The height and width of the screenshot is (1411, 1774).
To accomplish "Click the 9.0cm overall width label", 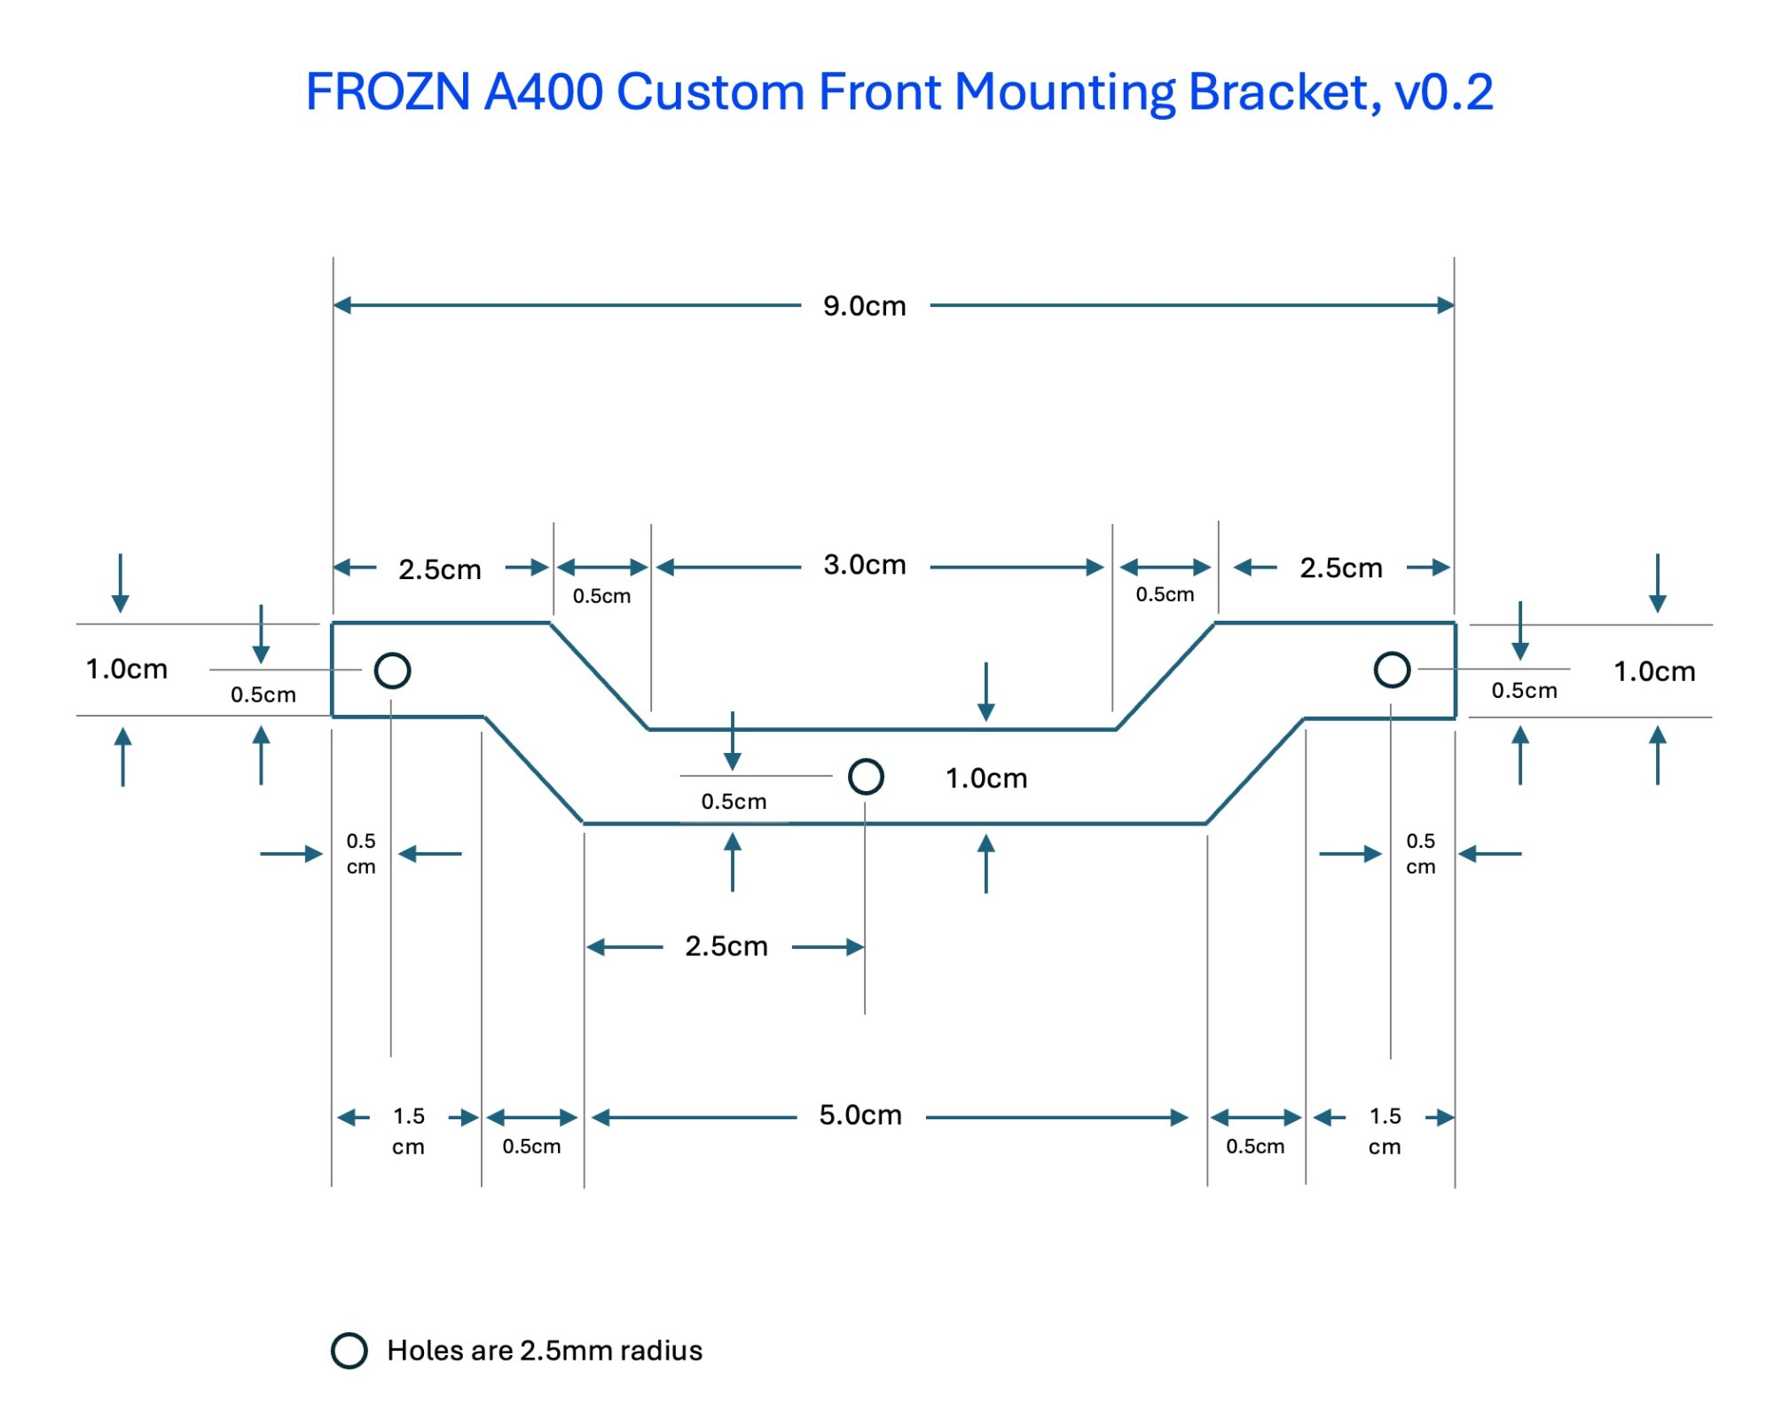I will [865, 306].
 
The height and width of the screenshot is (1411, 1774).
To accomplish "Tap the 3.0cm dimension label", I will [865, 565].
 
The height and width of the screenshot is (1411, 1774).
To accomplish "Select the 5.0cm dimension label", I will [860, 1115].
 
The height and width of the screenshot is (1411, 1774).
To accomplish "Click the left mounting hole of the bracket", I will [392, 670].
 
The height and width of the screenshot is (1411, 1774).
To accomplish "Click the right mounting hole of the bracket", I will [1392, 670].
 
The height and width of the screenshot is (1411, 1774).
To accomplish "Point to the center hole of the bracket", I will [866, 777].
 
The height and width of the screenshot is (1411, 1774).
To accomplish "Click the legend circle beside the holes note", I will [349, 1351].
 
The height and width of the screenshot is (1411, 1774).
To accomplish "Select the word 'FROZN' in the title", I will [388, 92].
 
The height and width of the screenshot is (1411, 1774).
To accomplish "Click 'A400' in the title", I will [543, 92].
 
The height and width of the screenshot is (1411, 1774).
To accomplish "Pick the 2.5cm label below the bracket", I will [726, 946].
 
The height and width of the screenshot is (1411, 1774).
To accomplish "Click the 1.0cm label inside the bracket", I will [986, 779].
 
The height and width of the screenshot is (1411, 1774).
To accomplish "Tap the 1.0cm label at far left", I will [127, 669].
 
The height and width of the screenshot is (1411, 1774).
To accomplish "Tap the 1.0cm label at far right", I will [1654, 671].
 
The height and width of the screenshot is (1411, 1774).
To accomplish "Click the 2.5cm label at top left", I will [440, 569].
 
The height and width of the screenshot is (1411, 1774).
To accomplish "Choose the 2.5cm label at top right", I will [1341, 568].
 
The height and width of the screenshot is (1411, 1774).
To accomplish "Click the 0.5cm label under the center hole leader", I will [734, 802].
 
